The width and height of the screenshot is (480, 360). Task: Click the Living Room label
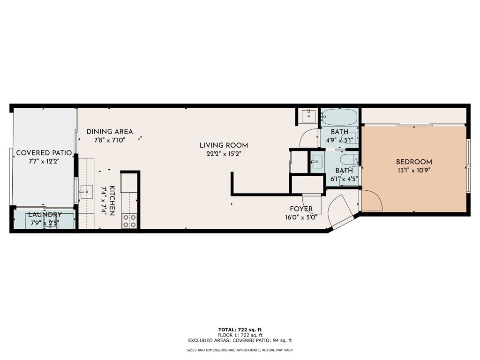(224, 145)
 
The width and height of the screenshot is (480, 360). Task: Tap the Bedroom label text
(414, 162)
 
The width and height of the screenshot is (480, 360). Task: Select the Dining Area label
(110, 132)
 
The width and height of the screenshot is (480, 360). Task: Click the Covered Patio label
(44, 153)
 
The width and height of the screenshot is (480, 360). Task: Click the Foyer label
(301, 209)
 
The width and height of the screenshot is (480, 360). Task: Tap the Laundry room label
(45, 214)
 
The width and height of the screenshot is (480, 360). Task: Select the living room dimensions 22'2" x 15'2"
(224, 154)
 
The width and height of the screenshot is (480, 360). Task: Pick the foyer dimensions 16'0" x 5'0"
(301, 217)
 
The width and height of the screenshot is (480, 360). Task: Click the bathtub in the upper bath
(339, 117)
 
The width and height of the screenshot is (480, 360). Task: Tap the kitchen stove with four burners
(130, 221)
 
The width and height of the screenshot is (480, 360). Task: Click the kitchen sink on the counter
(87, 192)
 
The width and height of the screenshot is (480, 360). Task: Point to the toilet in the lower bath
(349, 159)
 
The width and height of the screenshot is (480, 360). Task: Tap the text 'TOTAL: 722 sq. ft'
(240, 330)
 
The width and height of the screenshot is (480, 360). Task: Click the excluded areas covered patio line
(240, 340)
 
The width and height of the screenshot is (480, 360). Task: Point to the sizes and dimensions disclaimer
(240, 350)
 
